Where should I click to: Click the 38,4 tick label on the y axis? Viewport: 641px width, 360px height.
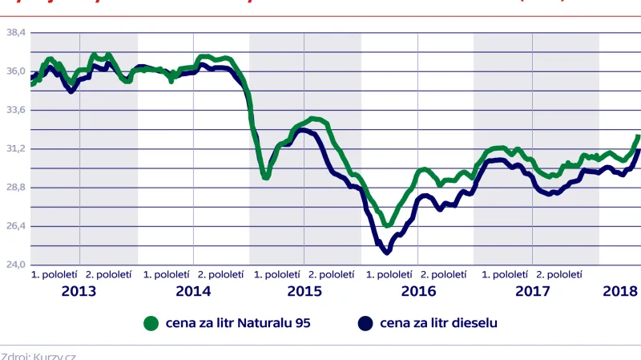(16, 32)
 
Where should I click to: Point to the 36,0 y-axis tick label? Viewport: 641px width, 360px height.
(16, 71)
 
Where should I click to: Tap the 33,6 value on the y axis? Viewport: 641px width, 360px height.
(16, 110)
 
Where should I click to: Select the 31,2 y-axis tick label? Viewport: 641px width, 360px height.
(16, 148)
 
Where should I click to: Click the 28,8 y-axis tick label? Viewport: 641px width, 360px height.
(16, 187)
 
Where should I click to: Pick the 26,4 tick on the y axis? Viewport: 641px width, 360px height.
(16, 226)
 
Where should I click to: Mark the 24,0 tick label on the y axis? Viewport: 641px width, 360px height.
(16, 265)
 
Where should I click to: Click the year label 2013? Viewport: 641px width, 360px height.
(79, 290)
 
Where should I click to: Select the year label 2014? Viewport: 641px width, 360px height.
(193, 290)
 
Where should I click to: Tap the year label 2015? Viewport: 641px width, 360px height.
(304, 290)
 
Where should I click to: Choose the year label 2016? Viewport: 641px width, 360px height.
(417, 290)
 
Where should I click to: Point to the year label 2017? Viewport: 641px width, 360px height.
(532, 290)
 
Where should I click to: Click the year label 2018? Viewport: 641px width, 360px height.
(621, 290)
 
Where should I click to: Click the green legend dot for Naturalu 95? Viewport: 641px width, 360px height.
(148, 323)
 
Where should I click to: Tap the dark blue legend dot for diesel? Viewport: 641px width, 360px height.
(365, 323)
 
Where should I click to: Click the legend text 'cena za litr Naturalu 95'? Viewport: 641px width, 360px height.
(238, 323)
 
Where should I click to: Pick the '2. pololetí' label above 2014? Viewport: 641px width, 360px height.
(221, 274)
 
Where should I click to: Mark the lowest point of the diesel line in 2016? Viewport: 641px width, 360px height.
(387, 253)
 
